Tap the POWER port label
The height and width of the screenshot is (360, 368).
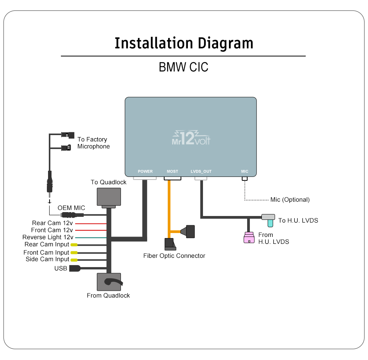pyautogui.click(x=145, y=171)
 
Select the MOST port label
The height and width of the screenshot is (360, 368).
pyautogui.click(x=172, y=171)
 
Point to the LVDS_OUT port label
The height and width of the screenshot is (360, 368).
pyautogui.click(x=201, y=171)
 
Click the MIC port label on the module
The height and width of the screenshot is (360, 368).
pyautogui.click(x=244, y=171)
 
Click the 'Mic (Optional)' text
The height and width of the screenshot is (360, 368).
pyautogui.click(x=290, y=200)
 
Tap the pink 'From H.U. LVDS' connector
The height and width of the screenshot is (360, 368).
pyautogui.click(x=248, y=238)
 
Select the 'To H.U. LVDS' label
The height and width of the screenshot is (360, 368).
pyautogui.click(x=298, y=221)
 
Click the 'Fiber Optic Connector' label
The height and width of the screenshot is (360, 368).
pyautogui.click(x=174, y=255)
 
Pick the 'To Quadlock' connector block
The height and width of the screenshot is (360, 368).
pyautogui.click(x=108, y=197)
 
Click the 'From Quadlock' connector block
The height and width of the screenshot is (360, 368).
pyautogui.click(x=108, y=282)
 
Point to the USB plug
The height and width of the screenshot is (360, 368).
pyautogui.click(x=74, y=268)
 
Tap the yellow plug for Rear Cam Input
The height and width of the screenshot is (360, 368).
pyautogui.click(x=74, y=245)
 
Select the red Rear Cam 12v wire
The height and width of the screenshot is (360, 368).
pyautogui.click(x=91, y=223)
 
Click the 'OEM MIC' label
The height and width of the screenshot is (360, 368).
pyautogui.click(x=71, y=208)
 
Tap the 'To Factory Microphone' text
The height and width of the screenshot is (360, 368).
pyautogui.click(x=93, y=143)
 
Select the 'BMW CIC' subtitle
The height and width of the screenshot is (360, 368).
pyautogui.click(x=184, y=67)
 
